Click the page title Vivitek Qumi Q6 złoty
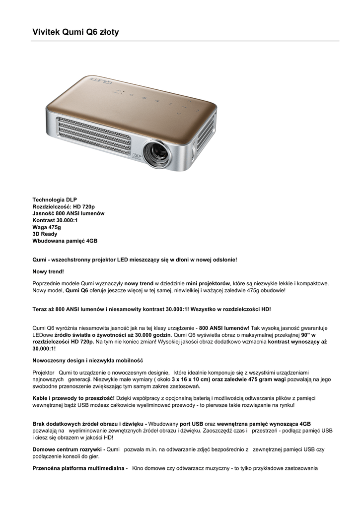(75, 32)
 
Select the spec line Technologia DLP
(55, 199)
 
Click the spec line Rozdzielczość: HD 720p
(64, 206)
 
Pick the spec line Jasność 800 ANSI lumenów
(69, 213)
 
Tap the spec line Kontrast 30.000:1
(55, 220)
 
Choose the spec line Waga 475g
(47, 227)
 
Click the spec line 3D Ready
(45, 234)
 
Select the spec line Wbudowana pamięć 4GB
(65, 241)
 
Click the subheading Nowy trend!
(48, 271)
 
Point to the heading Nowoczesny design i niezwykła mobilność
(88, 360)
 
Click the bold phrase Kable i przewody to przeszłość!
(73, 398)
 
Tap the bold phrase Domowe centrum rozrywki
(67, 449)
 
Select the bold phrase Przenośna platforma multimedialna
(78, 468)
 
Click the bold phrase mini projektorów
(209, 283)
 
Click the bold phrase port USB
(191, 424)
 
